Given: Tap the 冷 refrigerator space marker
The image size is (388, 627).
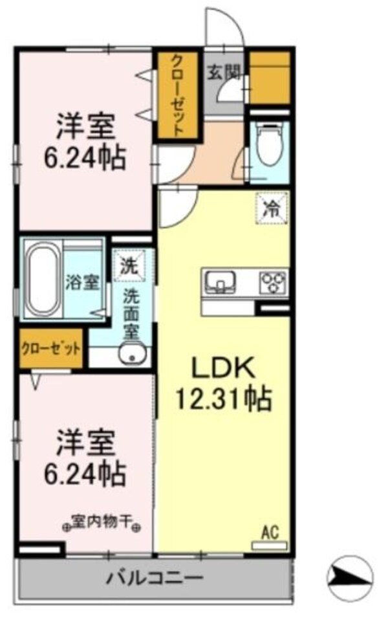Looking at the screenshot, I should pos(272,208).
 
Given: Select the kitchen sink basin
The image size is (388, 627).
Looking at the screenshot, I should pos(221,281).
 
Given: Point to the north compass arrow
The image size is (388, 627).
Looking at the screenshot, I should pos(350,578).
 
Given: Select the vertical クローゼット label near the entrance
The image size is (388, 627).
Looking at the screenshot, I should pos(177,95).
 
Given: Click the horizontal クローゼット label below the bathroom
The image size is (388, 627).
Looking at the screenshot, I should pos(51,349).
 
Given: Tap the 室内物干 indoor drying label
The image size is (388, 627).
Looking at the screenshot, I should pos(103,520).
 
